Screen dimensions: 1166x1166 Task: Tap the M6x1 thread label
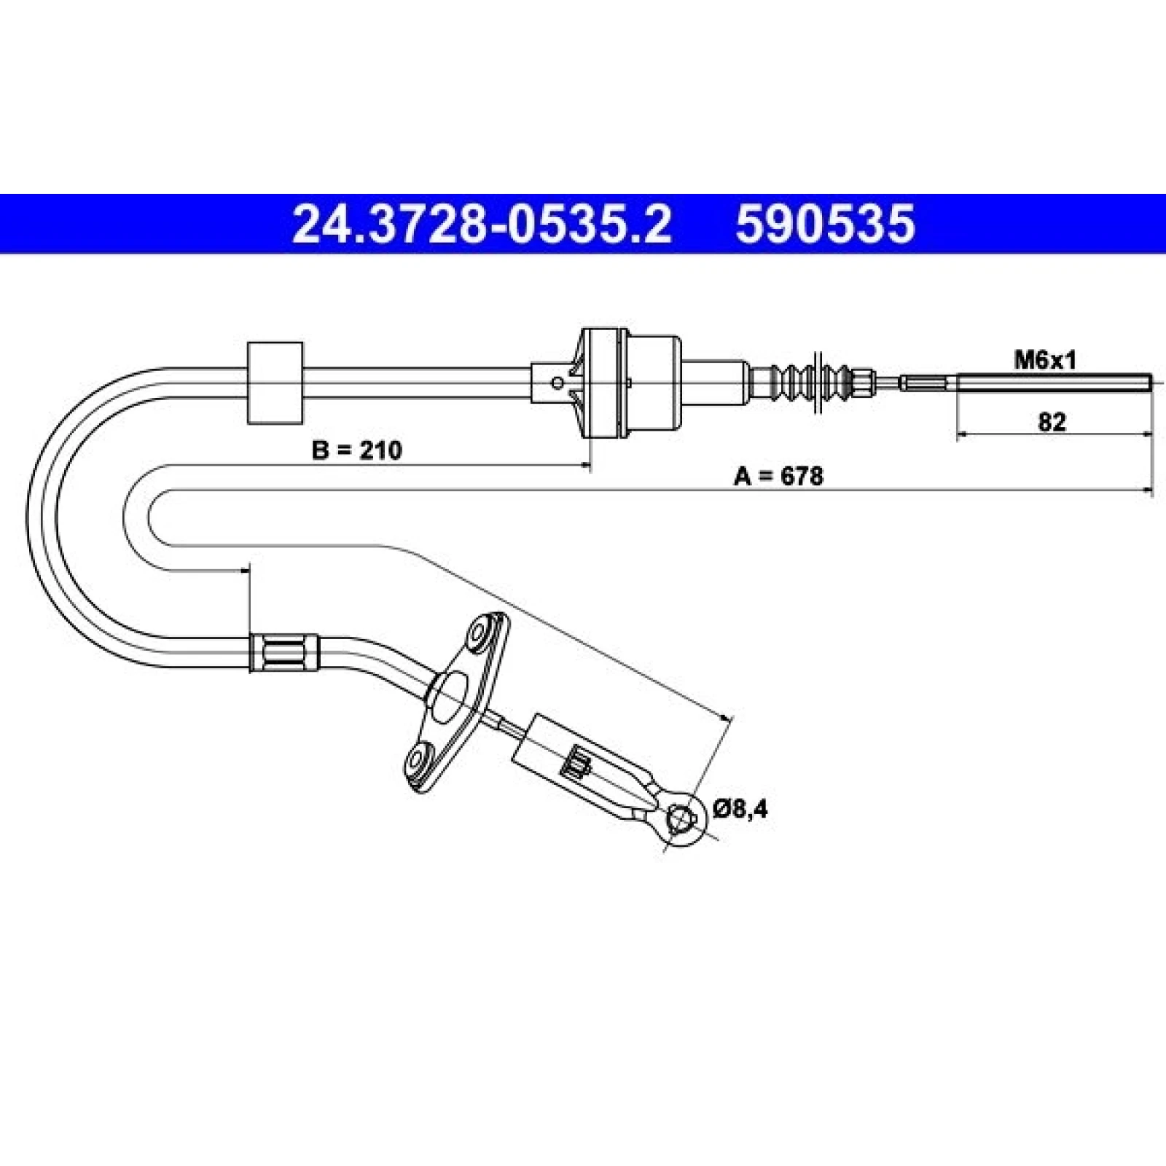(x=1045, y=359)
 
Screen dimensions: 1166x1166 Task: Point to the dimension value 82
(x=1051, y=422)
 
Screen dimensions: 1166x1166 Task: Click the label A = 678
(x=778, y=477)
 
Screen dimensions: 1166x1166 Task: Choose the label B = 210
(x=356, y=450)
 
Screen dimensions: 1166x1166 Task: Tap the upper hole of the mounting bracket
(x=481, y=632)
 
